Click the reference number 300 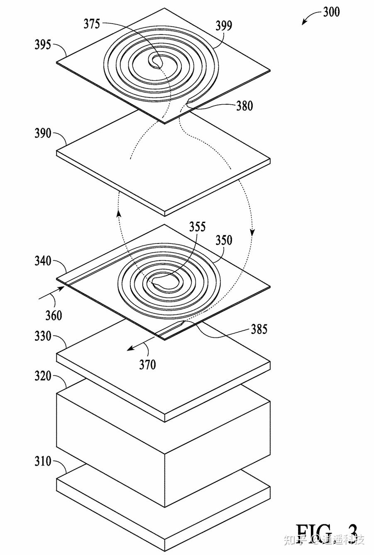[x=331, y=12]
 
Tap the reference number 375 [x=92, y=24]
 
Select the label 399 [x=224, y=26]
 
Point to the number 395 [x=43, y=44]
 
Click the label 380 [x=244, y=106]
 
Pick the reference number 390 [x=43, y=134]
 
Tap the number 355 [x=197, y=227]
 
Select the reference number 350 [x=224, y=240]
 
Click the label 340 [x=43, y=261]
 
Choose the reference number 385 [x=259, y=329]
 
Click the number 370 [x=147, y=365]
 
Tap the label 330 [x=43, y=336]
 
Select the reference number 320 [x=43, y=376]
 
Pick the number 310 [x=43, y=461]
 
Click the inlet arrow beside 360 [x=51, y=292]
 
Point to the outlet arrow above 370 [x=139, y=344]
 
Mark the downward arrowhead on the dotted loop [x=252, y=232]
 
